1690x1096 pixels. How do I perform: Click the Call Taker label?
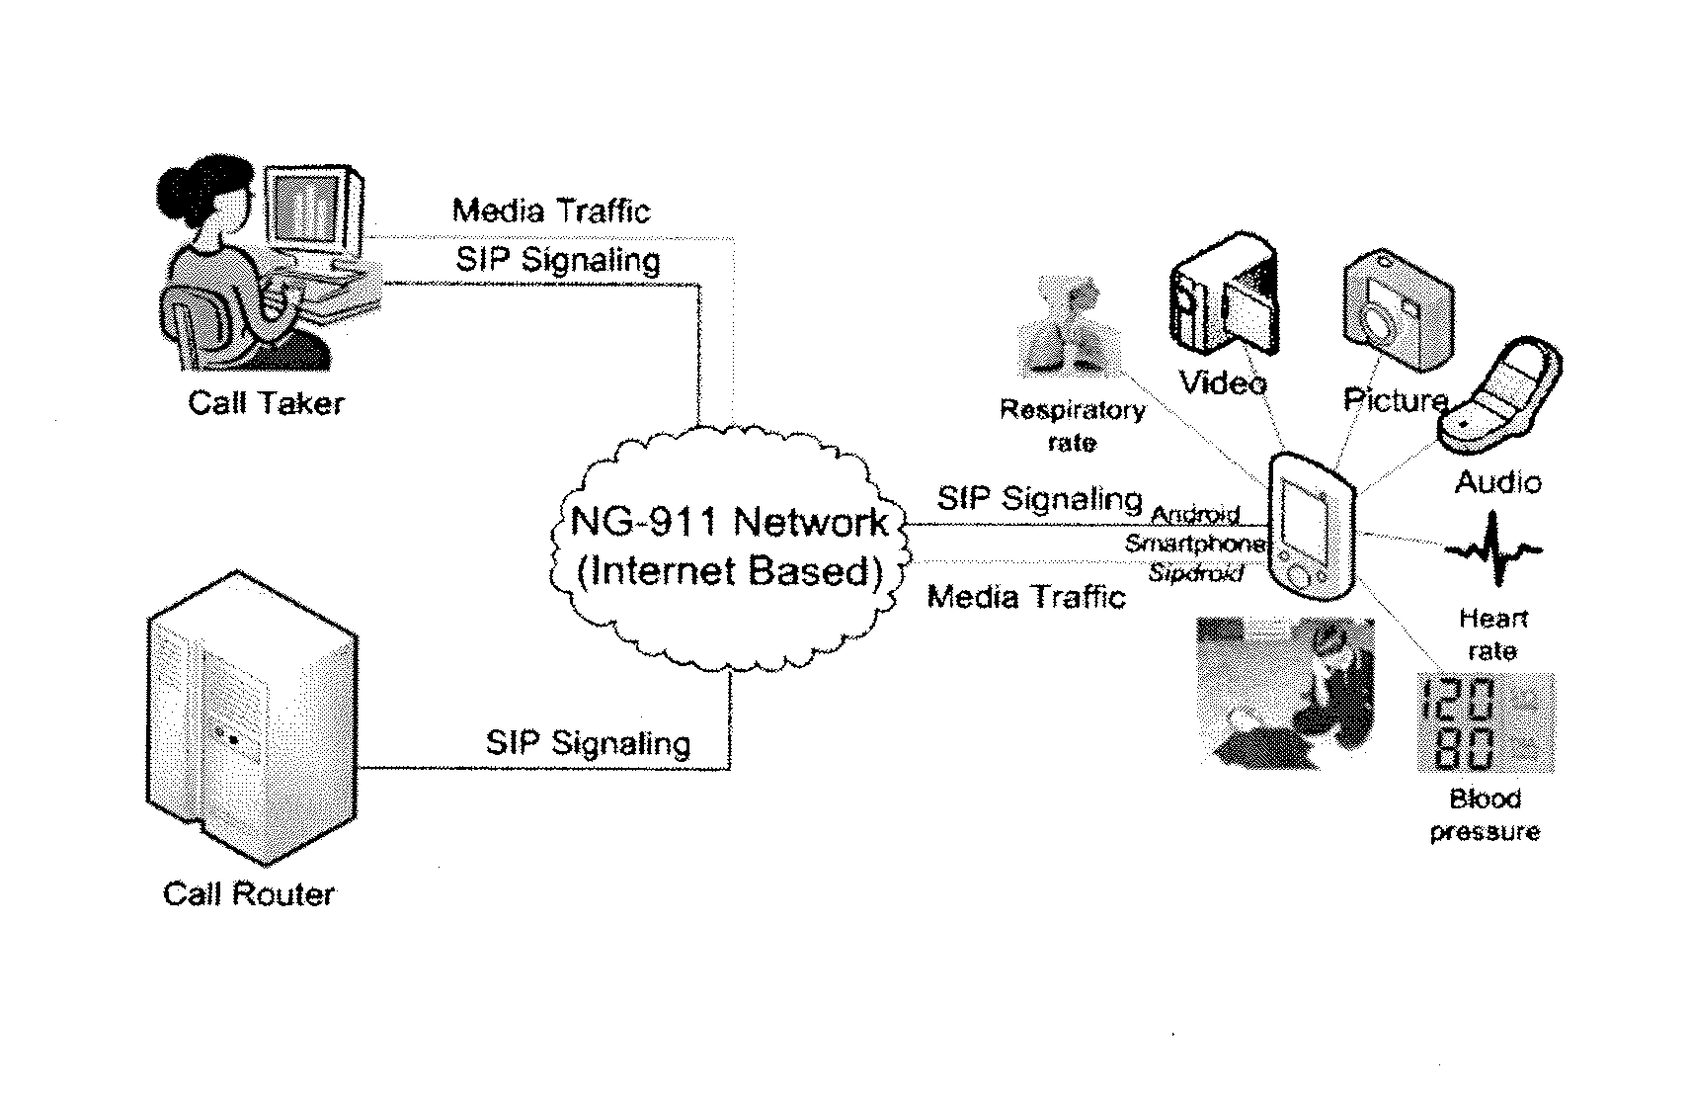[266, 403]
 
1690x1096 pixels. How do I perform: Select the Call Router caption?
[249, 893]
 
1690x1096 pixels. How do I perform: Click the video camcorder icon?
[1224, 295]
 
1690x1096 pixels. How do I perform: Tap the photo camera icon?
[1398, 309]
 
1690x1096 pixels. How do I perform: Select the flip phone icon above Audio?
[1499, 397]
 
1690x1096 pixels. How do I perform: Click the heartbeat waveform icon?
[1493, 549]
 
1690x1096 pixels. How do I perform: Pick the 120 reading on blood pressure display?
[1458, 699]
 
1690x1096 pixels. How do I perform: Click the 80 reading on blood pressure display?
[1465, 748]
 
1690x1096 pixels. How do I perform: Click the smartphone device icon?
[1312, 526]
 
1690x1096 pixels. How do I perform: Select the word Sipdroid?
[1196, 573]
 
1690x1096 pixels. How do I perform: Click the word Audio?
[1498, 482]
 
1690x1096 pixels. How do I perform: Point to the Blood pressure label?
[1485, 815]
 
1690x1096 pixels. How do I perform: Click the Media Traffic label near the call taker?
[551, 211]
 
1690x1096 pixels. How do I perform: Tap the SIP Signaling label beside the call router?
[588, 743]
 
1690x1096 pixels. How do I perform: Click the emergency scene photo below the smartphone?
[1286, 693]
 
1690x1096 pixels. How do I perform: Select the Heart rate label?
[1492, 634]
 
